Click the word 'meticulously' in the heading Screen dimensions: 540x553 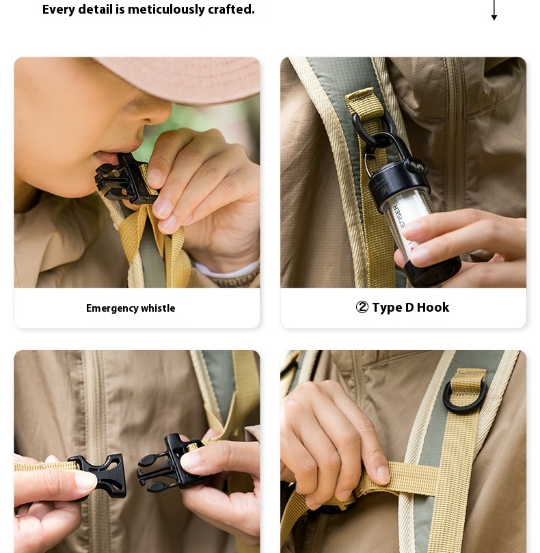pyautogui.click(x=166, y=10)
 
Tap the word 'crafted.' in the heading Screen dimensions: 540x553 pyautogui.click(x=231, y=10)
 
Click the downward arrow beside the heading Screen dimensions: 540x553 pyautogui.click(x=494, y=10)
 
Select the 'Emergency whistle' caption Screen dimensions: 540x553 pyautogui.click(x=131, y=308)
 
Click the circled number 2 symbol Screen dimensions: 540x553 pyautogui.click(x=362, y=307)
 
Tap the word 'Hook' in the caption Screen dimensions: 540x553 pyautogui.click(x=433, y=307)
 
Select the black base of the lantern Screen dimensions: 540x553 pyautogui.click(x=435, y=271)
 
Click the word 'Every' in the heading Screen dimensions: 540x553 pyautogui.click(x=58, y=10)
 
